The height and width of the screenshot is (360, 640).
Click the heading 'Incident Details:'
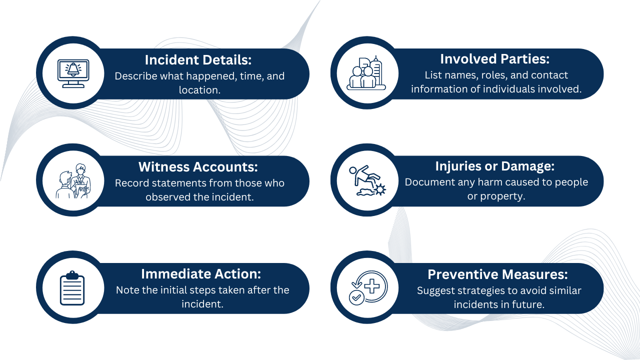[198, 60]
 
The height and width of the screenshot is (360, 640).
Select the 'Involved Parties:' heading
[494, 59]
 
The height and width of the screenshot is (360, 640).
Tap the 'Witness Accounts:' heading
[198, 166]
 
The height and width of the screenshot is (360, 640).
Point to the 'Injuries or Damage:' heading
[495, 166]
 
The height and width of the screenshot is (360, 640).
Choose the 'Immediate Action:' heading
[201, 274]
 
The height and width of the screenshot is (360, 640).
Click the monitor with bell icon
[73, 73]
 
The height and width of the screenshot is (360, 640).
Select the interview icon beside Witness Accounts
[73, 180]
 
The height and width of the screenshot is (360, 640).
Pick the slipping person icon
[366, 180]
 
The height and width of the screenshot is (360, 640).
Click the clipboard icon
[72, 288]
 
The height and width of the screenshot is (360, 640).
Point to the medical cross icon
[372, 285]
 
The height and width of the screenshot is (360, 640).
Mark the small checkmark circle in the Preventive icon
[356, 297]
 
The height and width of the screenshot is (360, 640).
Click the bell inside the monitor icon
[73, 69]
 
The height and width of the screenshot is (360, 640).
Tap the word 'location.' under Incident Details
[199, 90]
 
